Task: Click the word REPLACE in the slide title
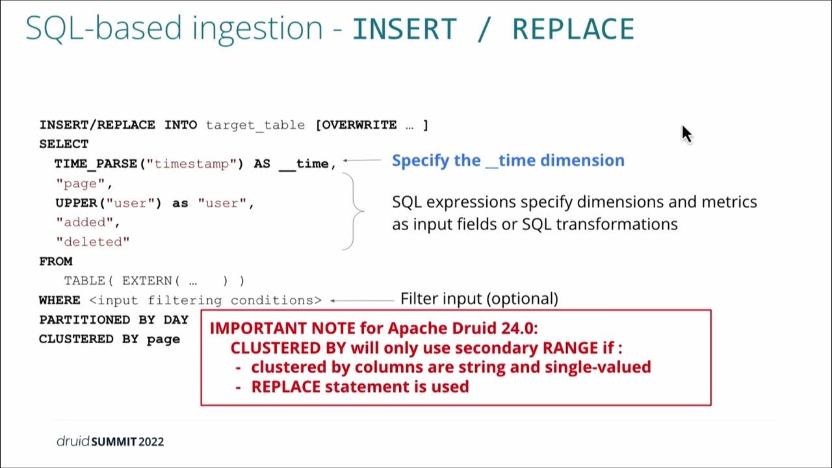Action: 573,29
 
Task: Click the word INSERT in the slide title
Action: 404,29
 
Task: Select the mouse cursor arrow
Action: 687,134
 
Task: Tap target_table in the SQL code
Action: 255,125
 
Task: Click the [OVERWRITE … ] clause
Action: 372,125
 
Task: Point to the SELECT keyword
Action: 64,144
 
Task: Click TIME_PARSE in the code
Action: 96,164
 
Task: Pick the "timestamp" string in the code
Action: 192,164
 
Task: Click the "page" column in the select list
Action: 81,183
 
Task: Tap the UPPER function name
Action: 76,203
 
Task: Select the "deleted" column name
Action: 93,242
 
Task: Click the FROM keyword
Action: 56,261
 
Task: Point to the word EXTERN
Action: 147,281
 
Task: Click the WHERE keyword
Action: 59,300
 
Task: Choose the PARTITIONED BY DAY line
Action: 114,320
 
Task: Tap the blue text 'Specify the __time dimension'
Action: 508,161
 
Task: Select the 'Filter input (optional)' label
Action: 479,298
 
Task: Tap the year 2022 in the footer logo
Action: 151,441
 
